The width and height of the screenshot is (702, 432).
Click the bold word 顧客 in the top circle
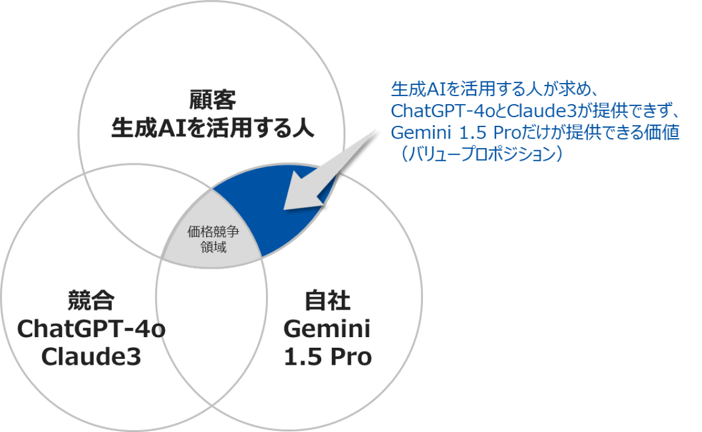click(212, 100)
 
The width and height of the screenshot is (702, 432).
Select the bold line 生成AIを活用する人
click(212, 128)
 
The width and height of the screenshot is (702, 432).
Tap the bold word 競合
click(91, 300)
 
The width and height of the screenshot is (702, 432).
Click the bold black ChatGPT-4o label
click(91, 328)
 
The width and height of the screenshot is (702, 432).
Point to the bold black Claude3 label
click(91, 356)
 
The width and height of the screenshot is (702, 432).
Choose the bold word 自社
click(328, 300)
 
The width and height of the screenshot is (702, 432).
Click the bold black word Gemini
click(327, 329)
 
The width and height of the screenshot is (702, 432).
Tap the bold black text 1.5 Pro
click(328, 356)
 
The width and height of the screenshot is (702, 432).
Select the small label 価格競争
click(213, 232)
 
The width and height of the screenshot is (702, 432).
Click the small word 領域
click(213, 247)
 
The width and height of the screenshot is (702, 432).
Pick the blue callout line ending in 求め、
click(495, 89)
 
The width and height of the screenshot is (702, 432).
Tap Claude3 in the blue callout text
click(542, 111)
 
